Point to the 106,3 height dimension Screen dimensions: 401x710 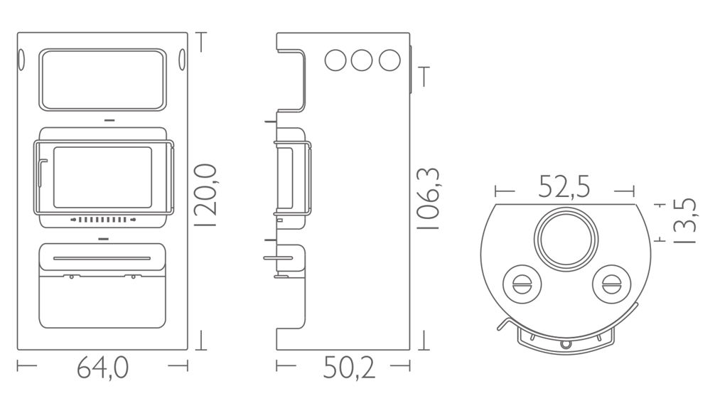pyautogui.click(x=428, y=198)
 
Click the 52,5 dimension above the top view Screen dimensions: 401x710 pyautogui.click(x=564, y=188)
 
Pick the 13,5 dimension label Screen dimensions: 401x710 pyautogui.click(x=683, y=221)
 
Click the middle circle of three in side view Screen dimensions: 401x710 pyautogui.click(x=362, y=60)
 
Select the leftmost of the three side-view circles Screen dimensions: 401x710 pyautogui.click(x=335, y=60)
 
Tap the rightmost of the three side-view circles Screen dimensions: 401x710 pyautogui.click(x=389, y=60)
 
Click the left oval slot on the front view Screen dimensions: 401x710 pyautogui.click(x=21, y=60)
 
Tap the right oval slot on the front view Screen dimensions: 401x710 pyautogui.click(x=183, y=60)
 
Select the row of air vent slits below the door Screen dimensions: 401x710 pyautogui.click(x=103, y=220)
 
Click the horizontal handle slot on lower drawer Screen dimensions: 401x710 pyautogui.click(x=102, y=258)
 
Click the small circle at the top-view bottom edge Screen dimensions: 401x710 pyautogui.click(x=565, y=344)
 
